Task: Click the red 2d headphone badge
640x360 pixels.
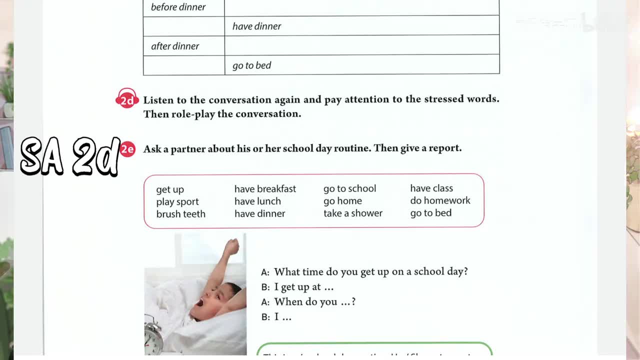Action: [127, 99]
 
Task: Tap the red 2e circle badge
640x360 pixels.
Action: [127, 149]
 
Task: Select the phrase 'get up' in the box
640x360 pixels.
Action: [170, 189]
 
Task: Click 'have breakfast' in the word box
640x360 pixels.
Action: [265, 189]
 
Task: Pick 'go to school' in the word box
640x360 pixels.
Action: [349, 188]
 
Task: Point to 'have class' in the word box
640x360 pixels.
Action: [431, 188]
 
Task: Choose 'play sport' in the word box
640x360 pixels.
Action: [177, 201]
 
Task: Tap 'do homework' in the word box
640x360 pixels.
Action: [440, 200]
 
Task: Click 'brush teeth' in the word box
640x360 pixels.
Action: [180, 214]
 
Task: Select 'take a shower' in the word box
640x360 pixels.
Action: [352, 213]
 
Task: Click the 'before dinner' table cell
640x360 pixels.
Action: [178, 7]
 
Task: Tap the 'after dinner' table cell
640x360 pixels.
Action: [175, 46]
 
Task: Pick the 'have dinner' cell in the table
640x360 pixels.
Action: [256, 26]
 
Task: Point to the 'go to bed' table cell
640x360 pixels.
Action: [251, 65]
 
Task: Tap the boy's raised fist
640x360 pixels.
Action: [231, 246]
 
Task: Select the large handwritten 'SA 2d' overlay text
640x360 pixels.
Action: [70, 156]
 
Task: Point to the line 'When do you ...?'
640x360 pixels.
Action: [314, 302]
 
